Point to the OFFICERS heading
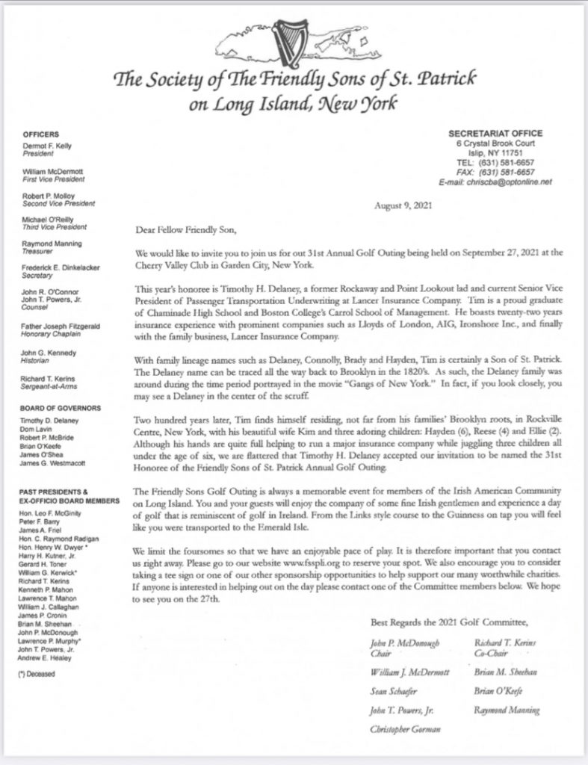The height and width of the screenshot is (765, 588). tap(43, 134)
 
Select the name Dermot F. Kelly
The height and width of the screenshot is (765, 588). tap(51, 146)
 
